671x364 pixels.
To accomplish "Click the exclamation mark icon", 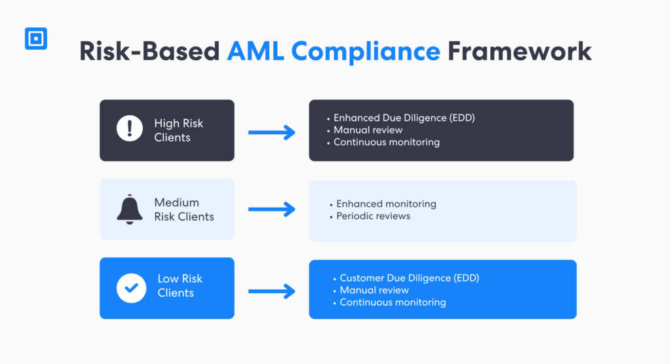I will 130,128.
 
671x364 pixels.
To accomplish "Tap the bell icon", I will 130,209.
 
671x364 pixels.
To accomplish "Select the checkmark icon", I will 131,287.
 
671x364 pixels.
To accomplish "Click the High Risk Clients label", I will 178,130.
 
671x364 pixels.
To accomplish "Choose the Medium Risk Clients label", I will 183,209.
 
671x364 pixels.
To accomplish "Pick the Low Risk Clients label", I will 180,286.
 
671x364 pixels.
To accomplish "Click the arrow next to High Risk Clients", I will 271,133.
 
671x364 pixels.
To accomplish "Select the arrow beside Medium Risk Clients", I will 271,210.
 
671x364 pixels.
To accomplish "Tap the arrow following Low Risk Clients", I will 271,291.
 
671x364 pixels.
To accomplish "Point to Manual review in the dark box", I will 368,130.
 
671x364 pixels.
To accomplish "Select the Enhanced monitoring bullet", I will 386,204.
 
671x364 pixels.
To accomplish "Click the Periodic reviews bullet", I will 373,216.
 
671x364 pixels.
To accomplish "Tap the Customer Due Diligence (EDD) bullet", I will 409,278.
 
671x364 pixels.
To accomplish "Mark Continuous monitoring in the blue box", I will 393,302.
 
